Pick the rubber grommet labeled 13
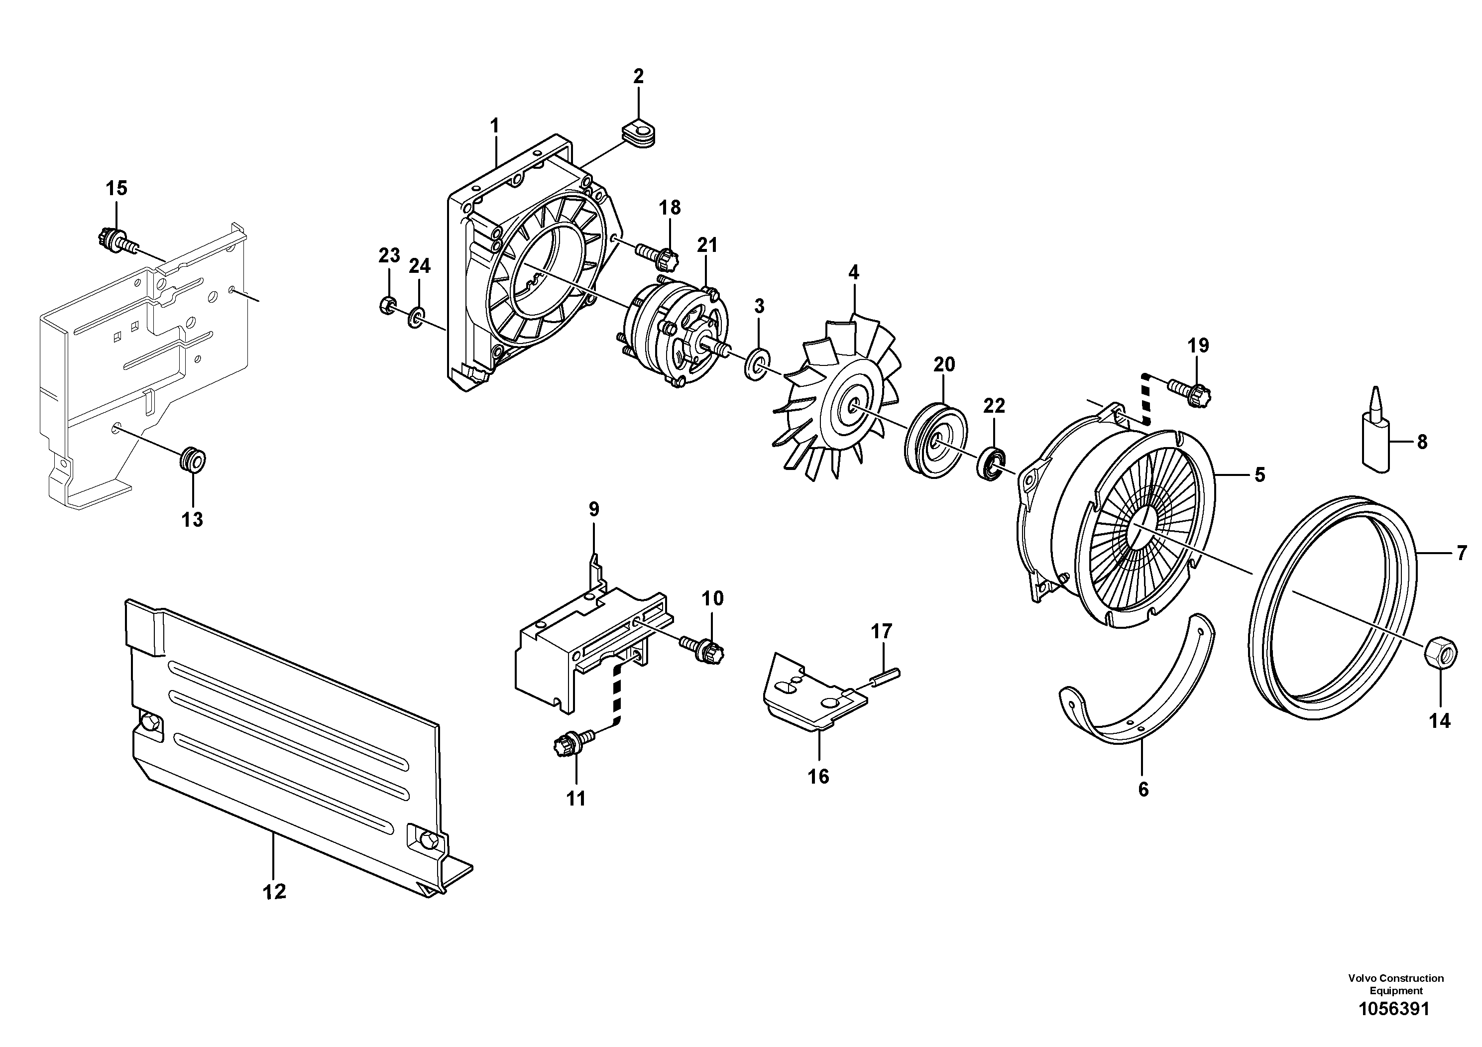[193, 460]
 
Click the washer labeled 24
[416, 316]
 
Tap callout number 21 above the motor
[707, 245]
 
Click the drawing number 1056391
[1395, 1027]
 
